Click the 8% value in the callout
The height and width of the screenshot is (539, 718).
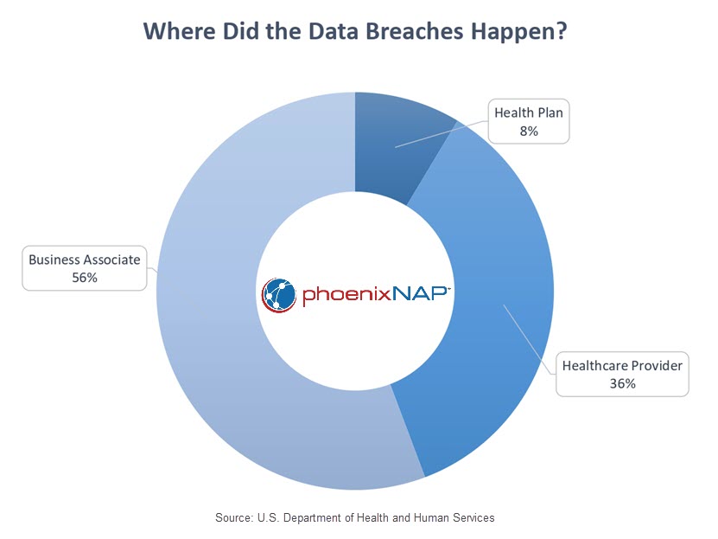(529, 132)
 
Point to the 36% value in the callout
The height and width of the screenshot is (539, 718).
(622, 383)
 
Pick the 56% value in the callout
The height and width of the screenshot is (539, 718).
(85, 278)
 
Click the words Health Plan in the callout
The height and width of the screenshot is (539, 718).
(529, 112)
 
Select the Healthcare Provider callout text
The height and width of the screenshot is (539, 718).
(622, 365)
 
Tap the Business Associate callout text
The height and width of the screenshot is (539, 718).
(85, 260)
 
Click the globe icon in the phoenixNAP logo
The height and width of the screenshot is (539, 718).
(279, 295)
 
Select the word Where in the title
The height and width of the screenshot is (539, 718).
(180, 32)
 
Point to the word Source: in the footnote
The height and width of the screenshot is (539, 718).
(233, 518)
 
